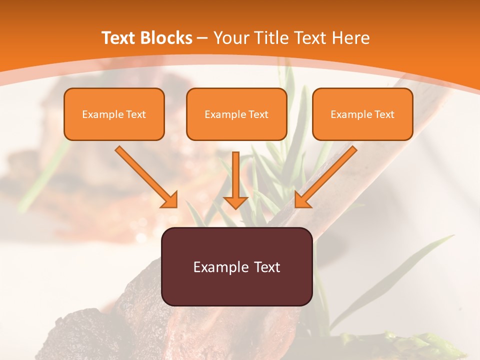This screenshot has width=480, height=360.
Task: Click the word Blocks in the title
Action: tap(167, 38)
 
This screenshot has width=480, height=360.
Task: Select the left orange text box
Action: tap(114, 114)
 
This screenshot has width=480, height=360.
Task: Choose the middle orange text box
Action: tap(236, 114)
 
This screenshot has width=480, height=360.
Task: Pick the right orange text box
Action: tap(362, 114)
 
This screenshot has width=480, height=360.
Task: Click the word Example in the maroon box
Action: tap(220, 267)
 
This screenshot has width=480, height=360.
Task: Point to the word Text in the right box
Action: tap(384, 114)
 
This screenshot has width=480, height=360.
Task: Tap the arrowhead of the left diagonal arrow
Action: tap(170, 200)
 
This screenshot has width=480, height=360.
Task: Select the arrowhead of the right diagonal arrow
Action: tap(302, 200)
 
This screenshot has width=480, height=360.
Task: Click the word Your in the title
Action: tap(231, 38)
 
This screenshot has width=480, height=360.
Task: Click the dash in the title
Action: tap(202, 38)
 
